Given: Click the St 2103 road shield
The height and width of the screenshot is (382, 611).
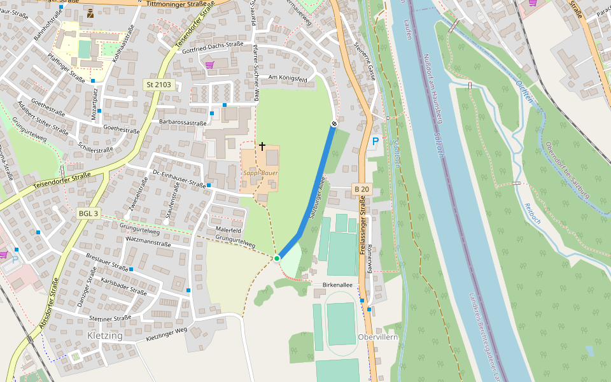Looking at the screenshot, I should (x=158, y=85).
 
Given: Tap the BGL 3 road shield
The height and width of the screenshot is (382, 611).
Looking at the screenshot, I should (x=88, y=213).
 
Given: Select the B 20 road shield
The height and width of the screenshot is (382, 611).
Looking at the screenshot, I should (x=362, y=189).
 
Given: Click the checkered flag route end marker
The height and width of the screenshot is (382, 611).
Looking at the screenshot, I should (x=334, y=124).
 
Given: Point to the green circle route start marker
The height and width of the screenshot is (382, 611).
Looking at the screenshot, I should (x=277, y=258).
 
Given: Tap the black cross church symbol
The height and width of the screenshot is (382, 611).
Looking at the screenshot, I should (x=262, y=146).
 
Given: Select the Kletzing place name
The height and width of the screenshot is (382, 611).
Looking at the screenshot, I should (x=104, y=336).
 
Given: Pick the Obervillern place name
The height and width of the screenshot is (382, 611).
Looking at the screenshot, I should (x=377, y=337).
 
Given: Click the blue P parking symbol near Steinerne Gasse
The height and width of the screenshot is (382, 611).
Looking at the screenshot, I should (x=375, y=141).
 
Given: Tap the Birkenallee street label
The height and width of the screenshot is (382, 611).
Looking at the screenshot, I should (x=337, y=286).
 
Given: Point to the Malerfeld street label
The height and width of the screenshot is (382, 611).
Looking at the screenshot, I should (x=228, y=229).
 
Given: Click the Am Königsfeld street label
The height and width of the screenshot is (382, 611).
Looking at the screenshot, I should (x=288, y=78).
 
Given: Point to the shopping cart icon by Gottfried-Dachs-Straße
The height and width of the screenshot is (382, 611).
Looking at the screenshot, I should (x=209, y=64).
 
